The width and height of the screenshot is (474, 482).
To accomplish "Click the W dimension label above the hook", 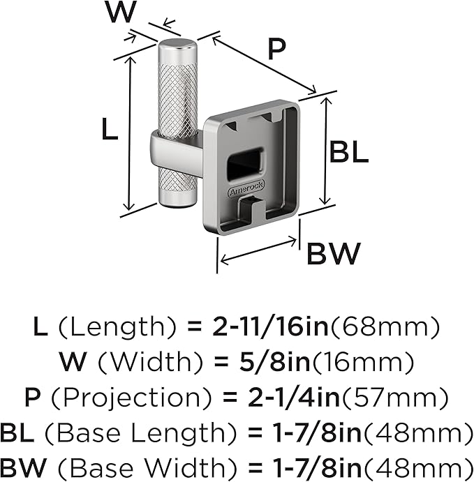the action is [121, 12].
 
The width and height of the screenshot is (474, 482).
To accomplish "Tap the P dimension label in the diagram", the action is [276, 50].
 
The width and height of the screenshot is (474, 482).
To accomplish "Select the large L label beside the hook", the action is [110, 129].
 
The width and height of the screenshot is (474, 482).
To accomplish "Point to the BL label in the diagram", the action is [348, 151].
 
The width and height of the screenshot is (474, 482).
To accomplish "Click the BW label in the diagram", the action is [334, 254].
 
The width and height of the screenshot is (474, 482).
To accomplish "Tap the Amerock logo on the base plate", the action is [246, 188].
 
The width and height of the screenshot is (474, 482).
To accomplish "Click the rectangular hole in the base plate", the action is [245, 164].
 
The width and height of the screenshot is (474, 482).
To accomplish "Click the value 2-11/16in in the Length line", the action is [270, 326].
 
